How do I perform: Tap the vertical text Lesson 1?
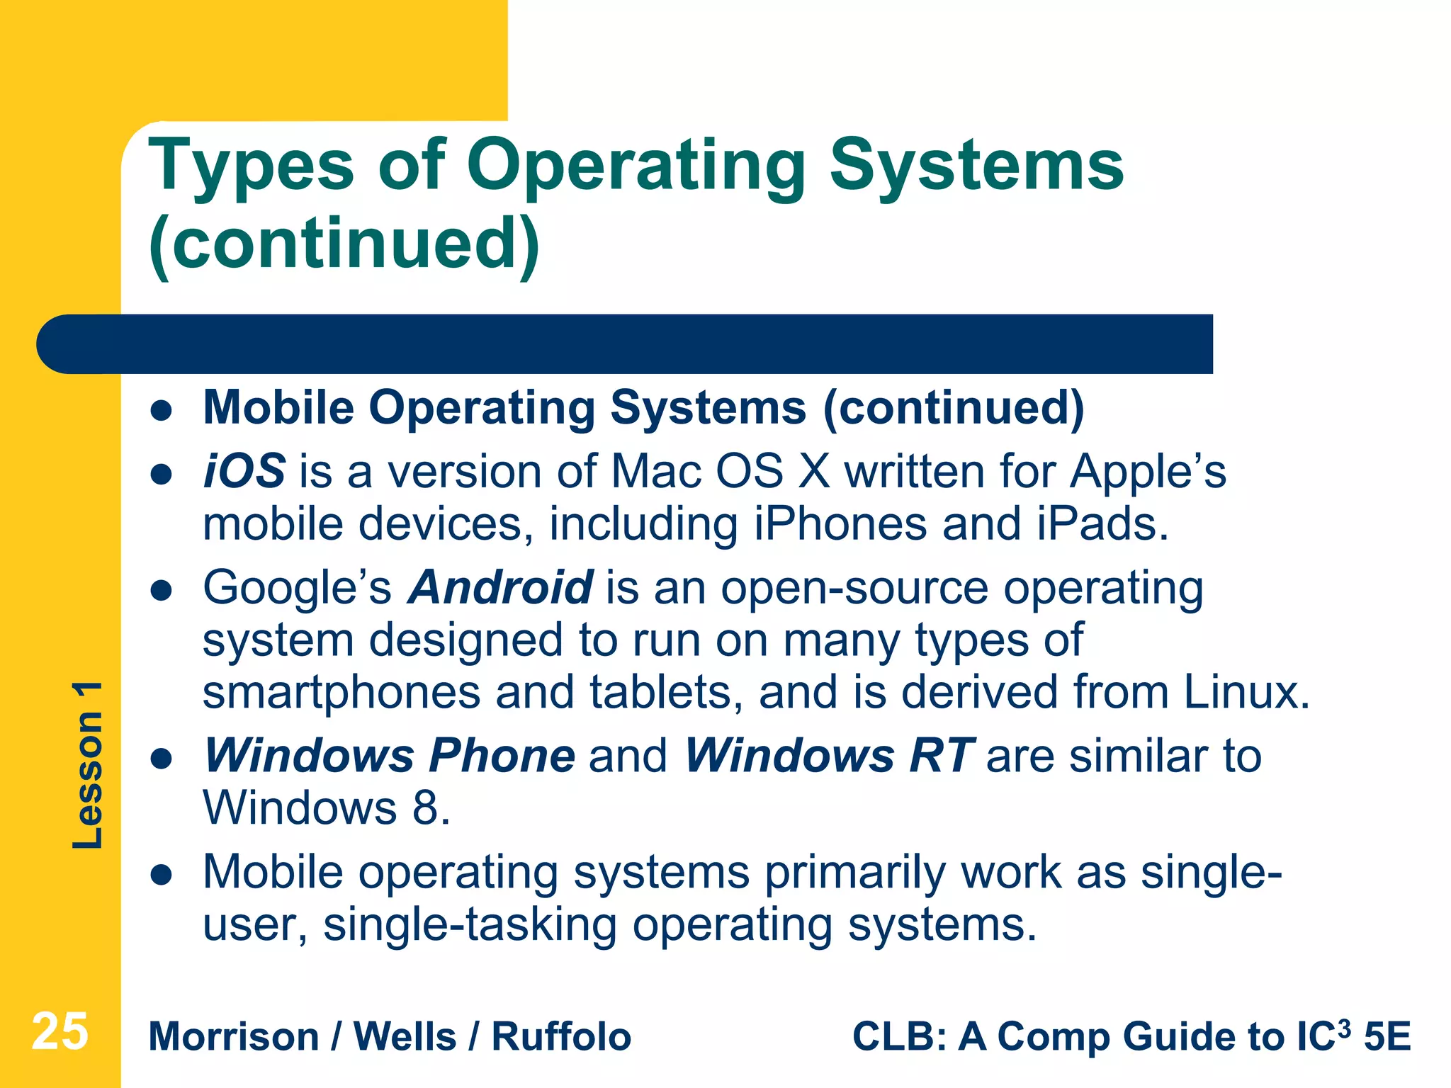(x=88, y=765)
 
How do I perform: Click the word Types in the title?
(x=252, y=167)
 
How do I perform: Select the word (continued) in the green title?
(x=344, y=245)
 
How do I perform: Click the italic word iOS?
(x=244, y=471)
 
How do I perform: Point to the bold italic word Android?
(x=500, y=587)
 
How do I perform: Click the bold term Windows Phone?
(x=390, y=756)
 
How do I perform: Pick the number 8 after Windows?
(x=427, y=807)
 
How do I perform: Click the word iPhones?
(x=840, y=524)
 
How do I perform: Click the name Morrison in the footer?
(x=234, y=1037)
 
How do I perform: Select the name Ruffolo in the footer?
(x=561, y=1037)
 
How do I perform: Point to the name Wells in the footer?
(x=405, y=1037)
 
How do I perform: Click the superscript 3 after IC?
(x=1344, y=1026)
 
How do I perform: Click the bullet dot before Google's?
(x=162, y=591)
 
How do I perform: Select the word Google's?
(x=297, y=587)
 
